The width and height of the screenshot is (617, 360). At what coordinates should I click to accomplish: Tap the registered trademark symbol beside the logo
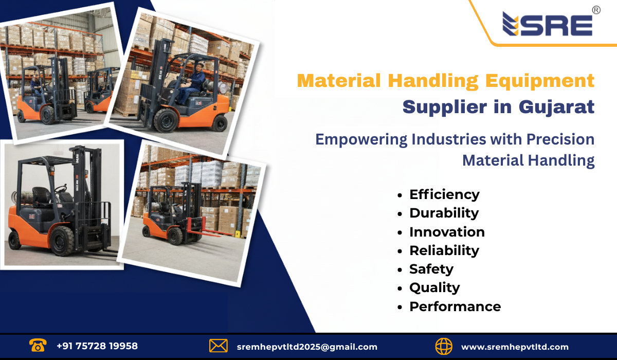596,10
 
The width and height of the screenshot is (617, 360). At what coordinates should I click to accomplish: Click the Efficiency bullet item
444,194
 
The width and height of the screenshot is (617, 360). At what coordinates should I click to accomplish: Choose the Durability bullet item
444,213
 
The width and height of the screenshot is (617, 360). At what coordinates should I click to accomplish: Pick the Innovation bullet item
447,232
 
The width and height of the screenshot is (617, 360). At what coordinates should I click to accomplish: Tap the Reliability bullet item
444,250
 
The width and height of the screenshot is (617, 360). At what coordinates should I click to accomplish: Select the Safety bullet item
431,269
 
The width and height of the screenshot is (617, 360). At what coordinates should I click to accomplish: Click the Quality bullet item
434,287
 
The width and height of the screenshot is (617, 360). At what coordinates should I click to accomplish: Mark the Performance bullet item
455,307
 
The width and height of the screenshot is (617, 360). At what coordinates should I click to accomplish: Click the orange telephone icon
38,346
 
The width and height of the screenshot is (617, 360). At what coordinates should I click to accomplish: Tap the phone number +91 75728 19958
97,346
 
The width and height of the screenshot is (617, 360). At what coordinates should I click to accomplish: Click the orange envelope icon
219,346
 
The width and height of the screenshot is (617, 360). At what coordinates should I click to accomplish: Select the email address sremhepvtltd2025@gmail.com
307,347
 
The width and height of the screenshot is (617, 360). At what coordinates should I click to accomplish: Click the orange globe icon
444,346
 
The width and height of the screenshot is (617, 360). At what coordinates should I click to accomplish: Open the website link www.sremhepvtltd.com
515,347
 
